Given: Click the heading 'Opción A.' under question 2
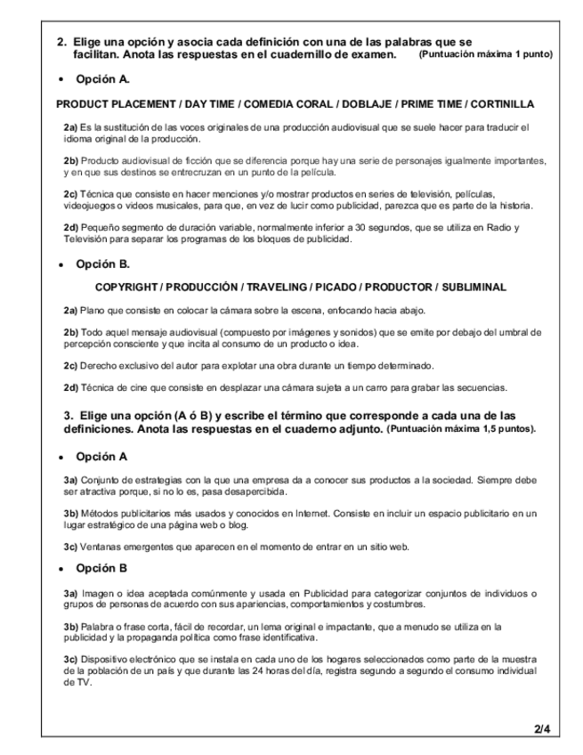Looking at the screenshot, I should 103,80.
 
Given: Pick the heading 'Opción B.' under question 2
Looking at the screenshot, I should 103,264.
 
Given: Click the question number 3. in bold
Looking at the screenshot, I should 68,415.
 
